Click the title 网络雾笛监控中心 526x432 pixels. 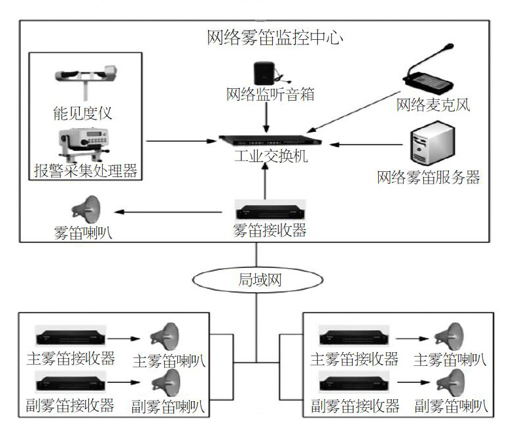(275, 37)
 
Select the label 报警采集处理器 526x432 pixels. (86, 171)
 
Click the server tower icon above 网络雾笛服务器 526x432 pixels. (432, 143)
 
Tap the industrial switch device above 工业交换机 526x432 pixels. (270, 141)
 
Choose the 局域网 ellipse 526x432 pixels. (258, 280)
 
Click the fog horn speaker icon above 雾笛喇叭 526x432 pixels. (86, 210)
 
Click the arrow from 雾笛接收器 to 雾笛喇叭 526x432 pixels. (168, 212)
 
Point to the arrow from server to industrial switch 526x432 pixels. (366, 145)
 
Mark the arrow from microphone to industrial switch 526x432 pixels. (353, 112)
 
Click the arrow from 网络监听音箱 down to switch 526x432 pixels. (266, 117)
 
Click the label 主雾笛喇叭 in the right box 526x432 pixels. (450, 360)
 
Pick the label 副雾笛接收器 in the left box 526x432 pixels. (71, 405)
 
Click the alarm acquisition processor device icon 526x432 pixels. (84, 144)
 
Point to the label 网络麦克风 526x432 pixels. (433, 105)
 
